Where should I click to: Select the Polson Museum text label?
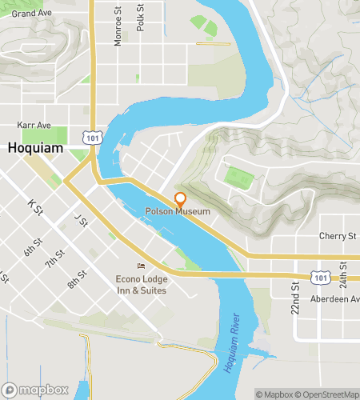tap(177, 212)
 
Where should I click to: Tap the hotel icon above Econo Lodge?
tap(142, 266)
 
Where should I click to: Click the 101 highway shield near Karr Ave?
tap(95, 138)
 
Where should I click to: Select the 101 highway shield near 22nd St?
tap(321, 277)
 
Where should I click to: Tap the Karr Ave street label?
tap(34, 126)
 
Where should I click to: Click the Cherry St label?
tap(337, 237)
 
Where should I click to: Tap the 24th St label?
tap(343, 274)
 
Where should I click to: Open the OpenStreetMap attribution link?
tap(328, 394)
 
